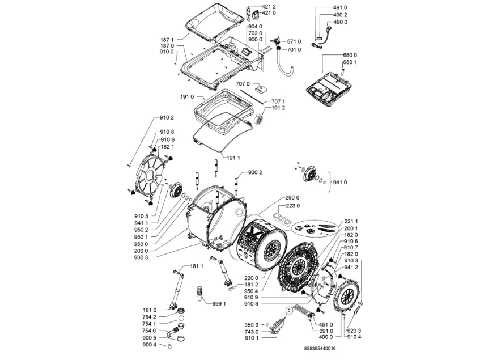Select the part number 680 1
[x=351, y=62]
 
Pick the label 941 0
[x=339, y=183]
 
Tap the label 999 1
[x=219, y=303]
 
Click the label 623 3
[x=353, y=331]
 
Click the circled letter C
[x=288, y=309]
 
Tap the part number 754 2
[x=150, y=317]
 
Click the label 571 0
[x=294, y=41]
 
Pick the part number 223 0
[x=293, y=206]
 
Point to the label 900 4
[x=150, y=344]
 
